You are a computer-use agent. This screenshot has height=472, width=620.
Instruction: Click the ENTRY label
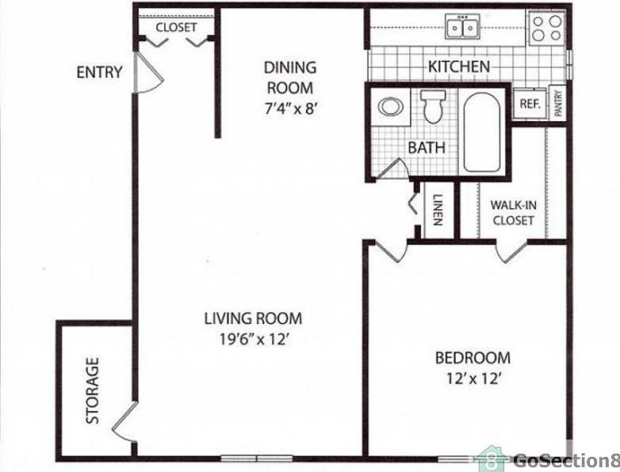click(x=99, y=72)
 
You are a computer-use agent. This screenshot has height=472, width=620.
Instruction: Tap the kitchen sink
click(x=463, y=29)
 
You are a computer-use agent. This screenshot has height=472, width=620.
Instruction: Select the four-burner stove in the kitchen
click(x=545, y=29)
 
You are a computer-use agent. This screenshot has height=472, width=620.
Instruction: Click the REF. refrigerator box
click(x=529, y=104)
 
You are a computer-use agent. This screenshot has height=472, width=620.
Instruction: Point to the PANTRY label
click(x=558, y=103)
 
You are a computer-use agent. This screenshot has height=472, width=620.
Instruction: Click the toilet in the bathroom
click(x=433, y=107)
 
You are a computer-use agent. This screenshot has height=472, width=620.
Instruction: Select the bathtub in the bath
click(x=482, y=132)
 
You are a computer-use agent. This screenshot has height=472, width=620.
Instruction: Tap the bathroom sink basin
click(x=390, y=107)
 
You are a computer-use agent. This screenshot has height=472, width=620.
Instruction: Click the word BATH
click(x=427, y=147)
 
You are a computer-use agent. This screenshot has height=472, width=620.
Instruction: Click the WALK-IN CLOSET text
click(x=513, y=212)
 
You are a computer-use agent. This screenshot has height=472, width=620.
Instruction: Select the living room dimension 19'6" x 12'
click(x=253, y=340)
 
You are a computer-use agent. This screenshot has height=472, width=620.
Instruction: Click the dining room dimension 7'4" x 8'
click(x=289, y=109)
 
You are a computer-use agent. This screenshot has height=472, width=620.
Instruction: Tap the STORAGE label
click(x=94, y=390)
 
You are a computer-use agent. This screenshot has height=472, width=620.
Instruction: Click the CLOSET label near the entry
click(x=176, y=28)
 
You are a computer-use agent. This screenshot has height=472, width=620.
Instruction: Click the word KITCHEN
click(x=459, y=67)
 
